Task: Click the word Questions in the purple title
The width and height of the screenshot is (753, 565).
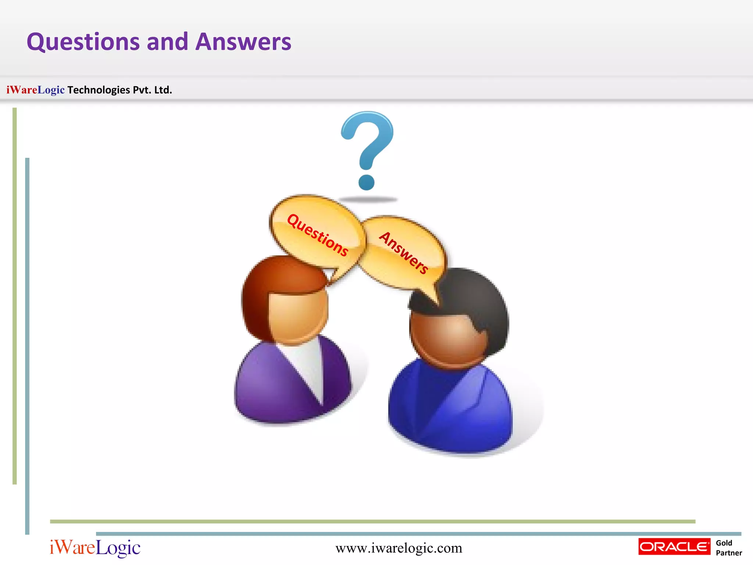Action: (83, 42)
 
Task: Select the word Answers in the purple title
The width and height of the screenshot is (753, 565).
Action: (243, 42)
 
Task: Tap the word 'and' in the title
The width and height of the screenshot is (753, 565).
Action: (167, 42)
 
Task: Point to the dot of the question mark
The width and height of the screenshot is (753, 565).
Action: (366, 182)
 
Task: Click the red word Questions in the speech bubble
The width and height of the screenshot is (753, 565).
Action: (317, 235)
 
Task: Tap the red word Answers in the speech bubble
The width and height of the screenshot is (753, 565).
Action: (404, 253)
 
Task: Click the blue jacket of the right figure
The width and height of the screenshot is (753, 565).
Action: (452, 412)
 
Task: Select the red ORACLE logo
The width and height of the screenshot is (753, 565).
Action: (674, 547)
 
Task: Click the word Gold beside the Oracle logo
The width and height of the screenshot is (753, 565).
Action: (724, 543)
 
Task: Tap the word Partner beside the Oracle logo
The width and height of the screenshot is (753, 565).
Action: (729, 553)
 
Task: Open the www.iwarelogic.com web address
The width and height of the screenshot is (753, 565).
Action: (399, 548)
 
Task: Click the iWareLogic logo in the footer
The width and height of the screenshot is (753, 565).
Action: (95, 548)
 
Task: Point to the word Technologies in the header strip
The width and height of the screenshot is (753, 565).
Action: (99, 90)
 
